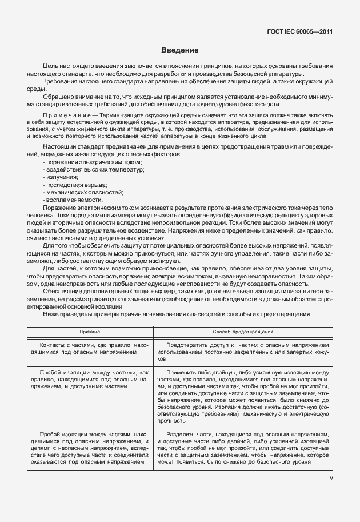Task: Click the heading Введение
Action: pyautogui.click(x=179, y=50)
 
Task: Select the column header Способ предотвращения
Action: pyautogui.click(x=243, y=331)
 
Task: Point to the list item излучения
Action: pyautogui.click(x=60, y=177)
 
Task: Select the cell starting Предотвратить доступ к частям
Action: pyautogui.click(x=243, y=353)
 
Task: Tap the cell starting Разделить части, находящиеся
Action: pyautogui.click(x=243, y=448)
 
